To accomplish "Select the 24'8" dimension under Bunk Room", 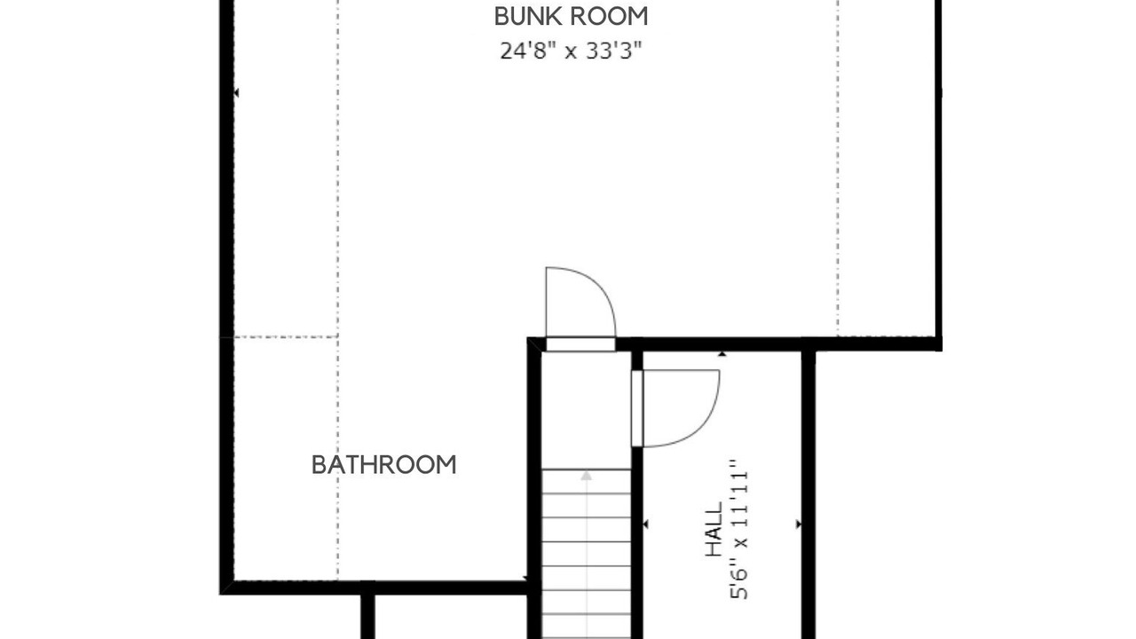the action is [x=525, y=51].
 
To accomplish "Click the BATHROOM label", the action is [x=384, y=465].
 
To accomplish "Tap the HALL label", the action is [x=714, y=529].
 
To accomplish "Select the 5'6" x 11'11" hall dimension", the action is [x=739, y=529].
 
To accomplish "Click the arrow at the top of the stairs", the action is [x=587, y=476].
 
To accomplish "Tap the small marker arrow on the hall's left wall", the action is [x=645, y=524].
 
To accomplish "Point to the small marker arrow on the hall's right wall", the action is [x=799, y=524].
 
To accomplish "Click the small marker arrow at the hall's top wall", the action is [x=722, y=354].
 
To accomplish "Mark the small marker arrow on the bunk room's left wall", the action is [x=236, y=93].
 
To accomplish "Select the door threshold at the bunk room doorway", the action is [x=580, y=344].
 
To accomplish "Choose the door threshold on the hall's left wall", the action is [x=637, y=408].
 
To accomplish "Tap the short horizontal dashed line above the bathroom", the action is [x=286, y=336].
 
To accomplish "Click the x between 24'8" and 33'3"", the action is [x=571, y=52].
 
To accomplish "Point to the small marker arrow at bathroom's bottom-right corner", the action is [x=525, y=578].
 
